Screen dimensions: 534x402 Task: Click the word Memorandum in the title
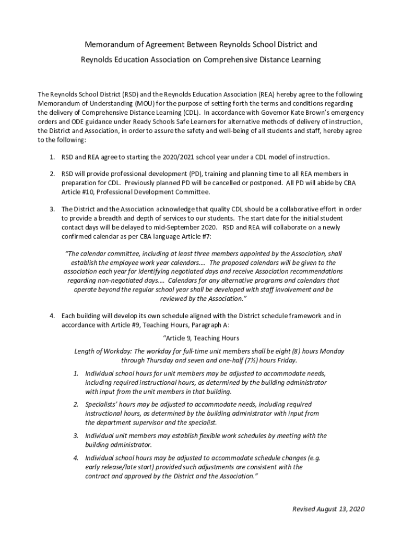[102, 44]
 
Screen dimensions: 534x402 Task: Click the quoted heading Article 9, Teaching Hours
[201, 338]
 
